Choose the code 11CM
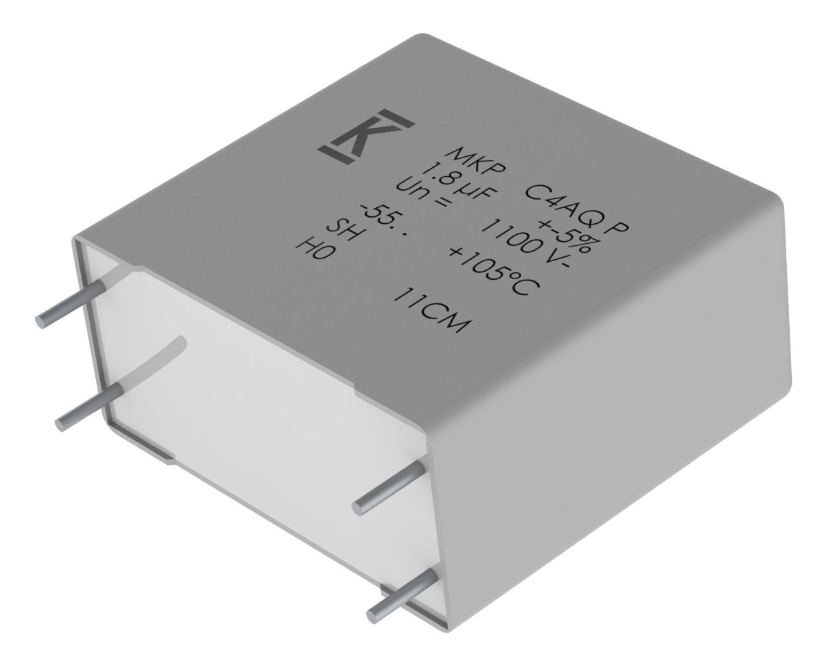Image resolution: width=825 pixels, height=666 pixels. point(428,310)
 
